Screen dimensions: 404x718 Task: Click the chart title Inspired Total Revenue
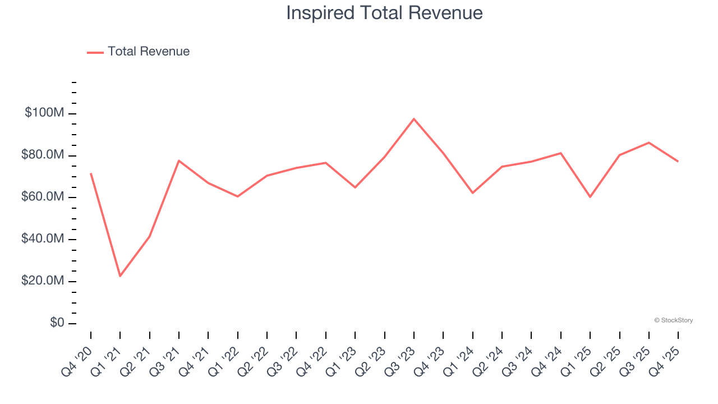pyautogui.click(x=384, y=12)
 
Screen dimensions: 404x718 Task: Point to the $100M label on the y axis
pyautogui.click(x=44, y=113)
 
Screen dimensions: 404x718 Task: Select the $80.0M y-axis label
pyautogui.click(x=43, y=155)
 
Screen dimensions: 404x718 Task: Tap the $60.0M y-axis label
pyautogui.click(x=43, y=197)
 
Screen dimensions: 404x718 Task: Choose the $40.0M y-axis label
pyautogui.click(x=43, y=239)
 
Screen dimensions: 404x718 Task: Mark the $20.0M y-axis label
pyautogui.click(x=43, y=281)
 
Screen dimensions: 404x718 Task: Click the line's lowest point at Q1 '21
pyautogui.click(x=120, y=276)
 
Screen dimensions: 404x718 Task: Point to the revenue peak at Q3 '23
pyautogui.click(x=414, y=119)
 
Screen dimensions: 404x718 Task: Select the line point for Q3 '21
pyautogui.click(x=179, y=160)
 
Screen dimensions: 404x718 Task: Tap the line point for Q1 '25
pyautogui.click(x=590, y=197)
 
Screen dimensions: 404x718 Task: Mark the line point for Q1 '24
pyautogui.click(x=473, y=193)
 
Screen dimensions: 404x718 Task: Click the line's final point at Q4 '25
pyautogui.click(x=678, y=162)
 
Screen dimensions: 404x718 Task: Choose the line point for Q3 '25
pyautogui.click(x=649, y=143)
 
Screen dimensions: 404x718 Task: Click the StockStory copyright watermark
pyautogui.click(x=673, y=320)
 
